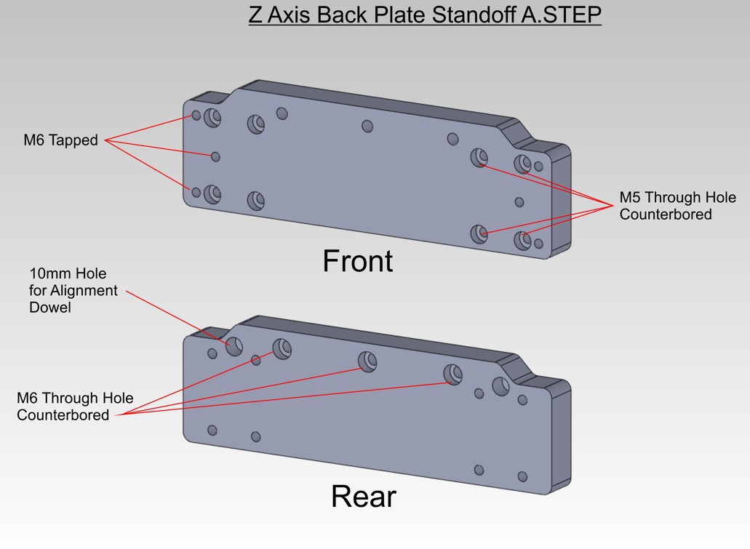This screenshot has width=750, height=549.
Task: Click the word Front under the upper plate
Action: pyautogui.click(x=358, y=261)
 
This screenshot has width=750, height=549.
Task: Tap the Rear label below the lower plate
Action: pyautogui.click(x=364, y=497)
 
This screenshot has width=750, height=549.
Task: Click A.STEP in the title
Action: pyautogui.click(x=561, y=15)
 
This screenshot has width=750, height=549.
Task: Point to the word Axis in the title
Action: pyautogui.click(x=288, y=15)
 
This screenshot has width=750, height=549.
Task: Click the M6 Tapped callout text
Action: pyautogui.click(x=61, y=140)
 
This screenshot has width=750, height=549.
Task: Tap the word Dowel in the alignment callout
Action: pyautogui.click(x=50, y=307)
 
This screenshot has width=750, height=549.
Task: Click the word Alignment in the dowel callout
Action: pyautogui.click(x=84, y=290)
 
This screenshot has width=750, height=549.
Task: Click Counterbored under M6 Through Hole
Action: pyautogui.click(x=63, y=414)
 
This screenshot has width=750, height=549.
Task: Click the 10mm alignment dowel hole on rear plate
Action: pyautogui.click(x=234, y=345)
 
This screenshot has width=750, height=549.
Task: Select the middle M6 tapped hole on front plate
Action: pyautogui.click(x=216, y=157)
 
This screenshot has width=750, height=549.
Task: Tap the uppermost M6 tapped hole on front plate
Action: pyautogui.click(x=196, y=116)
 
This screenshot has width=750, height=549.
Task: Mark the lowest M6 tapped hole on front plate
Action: pyautogui.click(x=196, y=192)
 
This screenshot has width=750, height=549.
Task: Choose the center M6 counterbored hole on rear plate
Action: pyautogui.click(x=367, y=361)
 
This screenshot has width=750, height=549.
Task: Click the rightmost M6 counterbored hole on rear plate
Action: pyautogui.click(x=452, y=374)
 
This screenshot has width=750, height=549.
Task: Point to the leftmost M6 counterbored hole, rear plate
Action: pyautogui.click(x=282, y=349)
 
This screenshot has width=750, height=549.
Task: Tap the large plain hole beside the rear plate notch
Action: pyautogui.click(x=500, y=386)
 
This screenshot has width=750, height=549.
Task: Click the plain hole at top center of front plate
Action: pyautogui.click(x=367, y=127)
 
